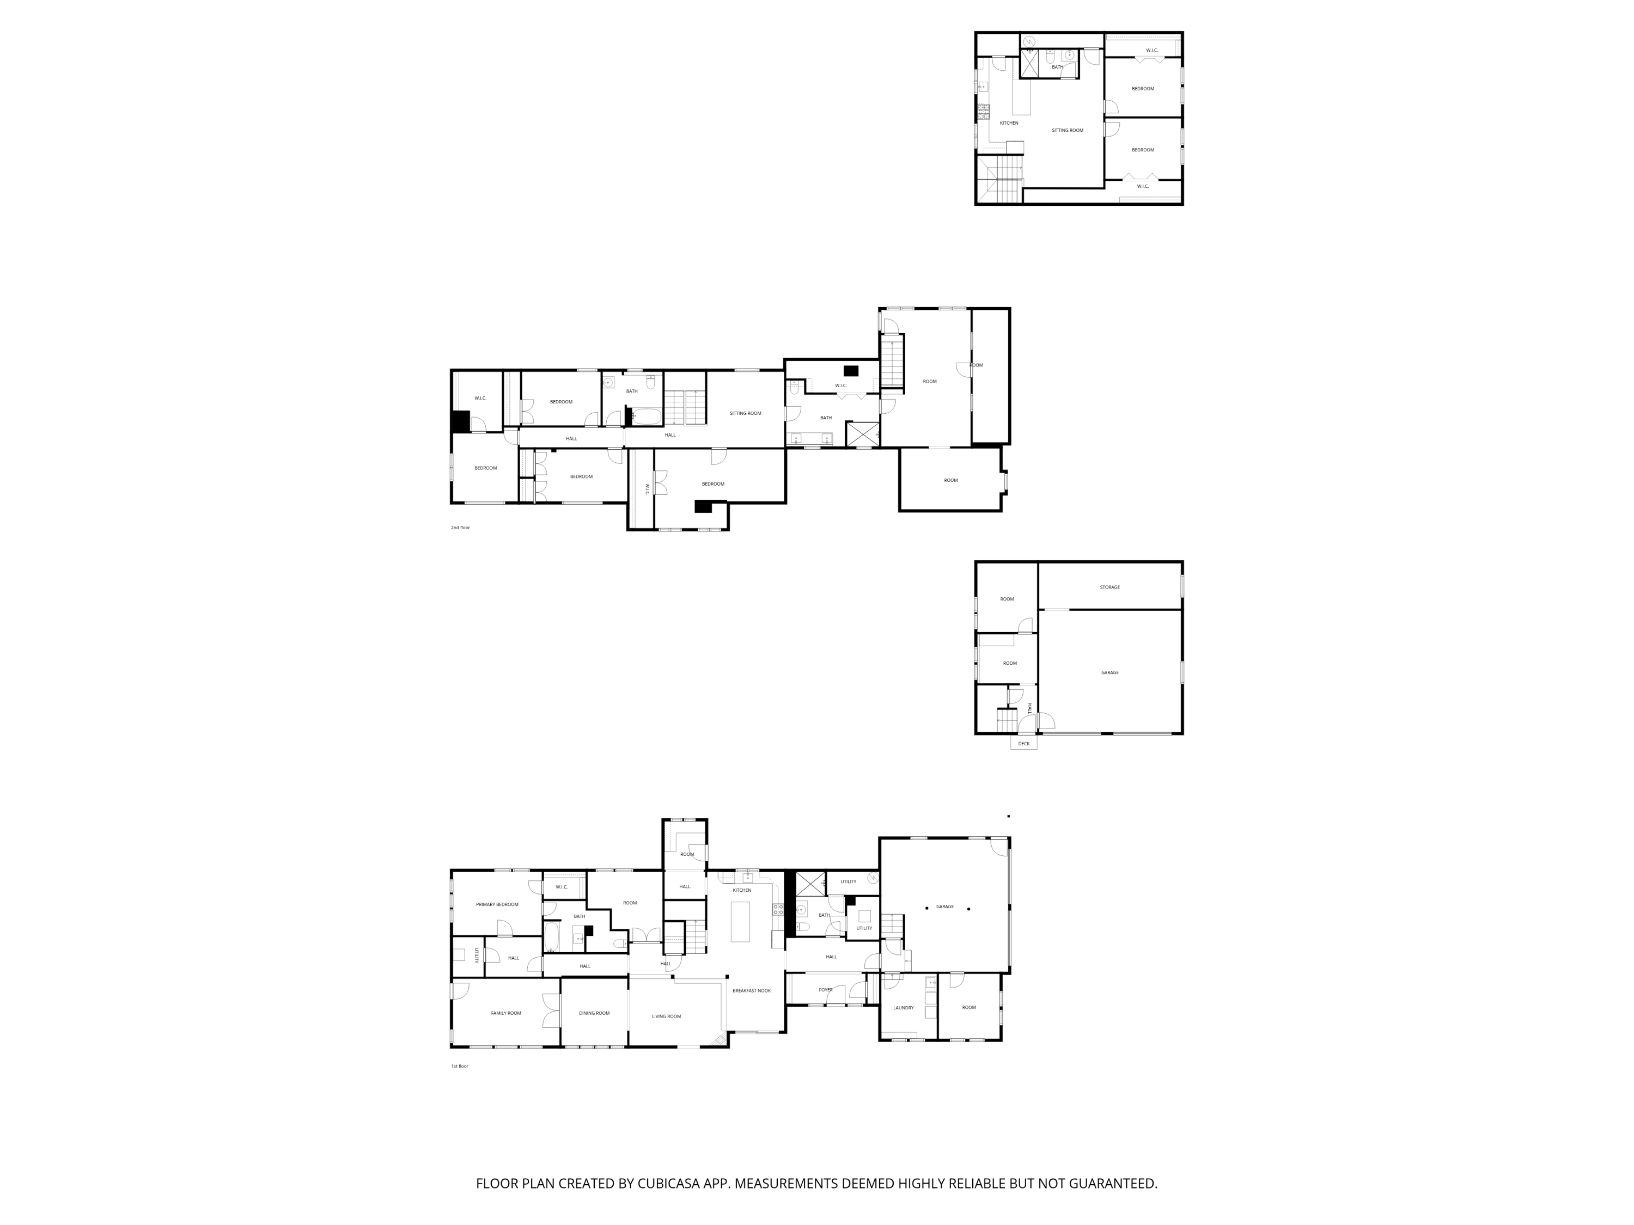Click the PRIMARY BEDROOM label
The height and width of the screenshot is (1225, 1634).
tap(497, 904)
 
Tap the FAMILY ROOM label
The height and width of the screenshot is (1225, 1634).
tap(506, 1013)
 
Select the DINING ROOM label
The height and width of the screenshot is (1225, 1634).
tap(594, 1013)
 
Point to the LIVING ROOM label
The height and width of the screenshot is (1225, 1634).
tap(666, 1017)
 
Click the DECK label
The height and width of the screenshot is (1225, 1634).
tap(1024, 744)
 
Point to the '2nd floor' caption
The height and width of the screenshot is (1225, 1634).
tap(460, 528)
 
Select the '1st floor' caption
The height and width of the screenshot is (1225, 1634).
tap(460, 1066)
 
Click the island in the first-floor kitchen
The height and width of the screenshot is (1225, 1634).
tap(740, 922)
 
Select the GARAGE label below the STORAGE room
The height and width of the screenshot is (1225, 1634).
tap(1109, 673)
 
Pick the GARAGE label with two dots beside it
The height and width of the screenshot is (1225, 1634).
tap(945, 906)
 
